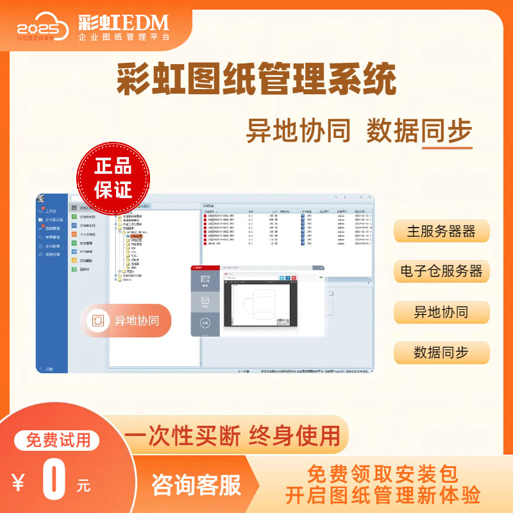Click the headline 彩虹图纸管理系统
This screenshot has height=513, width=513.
256,81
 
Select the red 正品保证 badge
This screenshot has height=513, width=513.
113,178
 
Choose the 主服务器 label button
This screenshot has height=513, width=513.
441,231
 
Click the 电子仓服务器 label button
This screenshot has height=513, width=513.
441,271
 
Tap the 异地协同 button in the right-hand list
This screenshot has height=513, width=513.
441,312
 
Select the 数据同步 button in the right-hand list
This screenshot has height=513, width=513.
441,353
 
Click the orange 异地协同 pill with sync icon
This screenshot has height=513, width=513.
126,321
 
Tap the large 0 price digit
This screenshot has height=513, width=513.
56,480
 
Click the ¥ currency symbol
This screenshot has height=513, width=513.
19,482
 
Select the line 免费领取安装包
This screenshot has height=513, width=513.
383,474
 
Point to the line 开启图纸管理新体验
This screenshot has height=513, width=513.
383,495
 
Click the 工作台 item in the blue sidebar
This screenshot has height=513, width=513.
51,211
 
